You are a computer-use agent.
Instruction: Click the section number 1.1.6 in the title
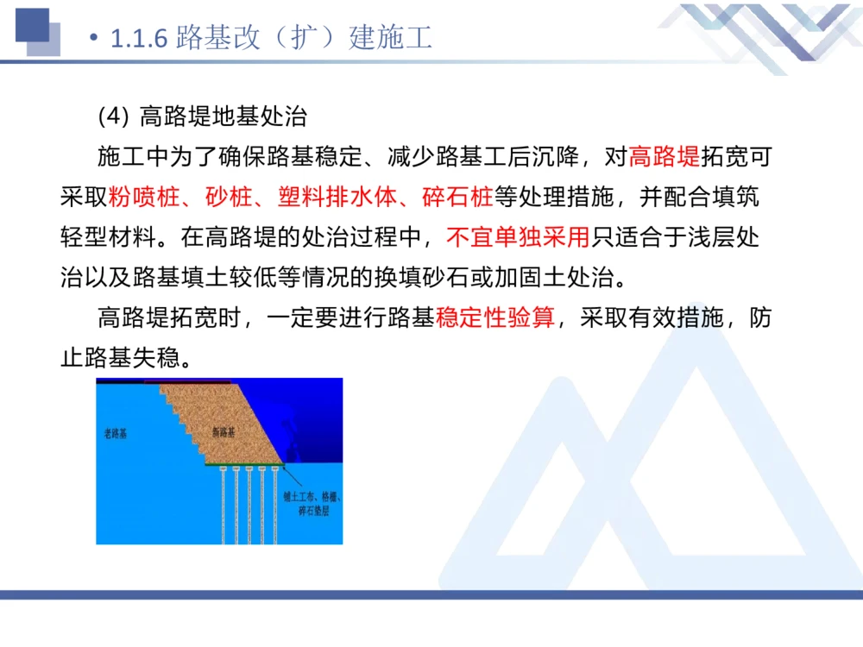point(141,39)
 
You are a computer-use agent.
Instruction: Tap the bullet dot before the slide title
point(94,40)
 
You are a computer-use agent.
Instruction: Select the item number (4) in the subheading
point(112,116)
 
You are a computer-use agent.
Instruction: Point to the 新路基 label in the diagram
point(223,431)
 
